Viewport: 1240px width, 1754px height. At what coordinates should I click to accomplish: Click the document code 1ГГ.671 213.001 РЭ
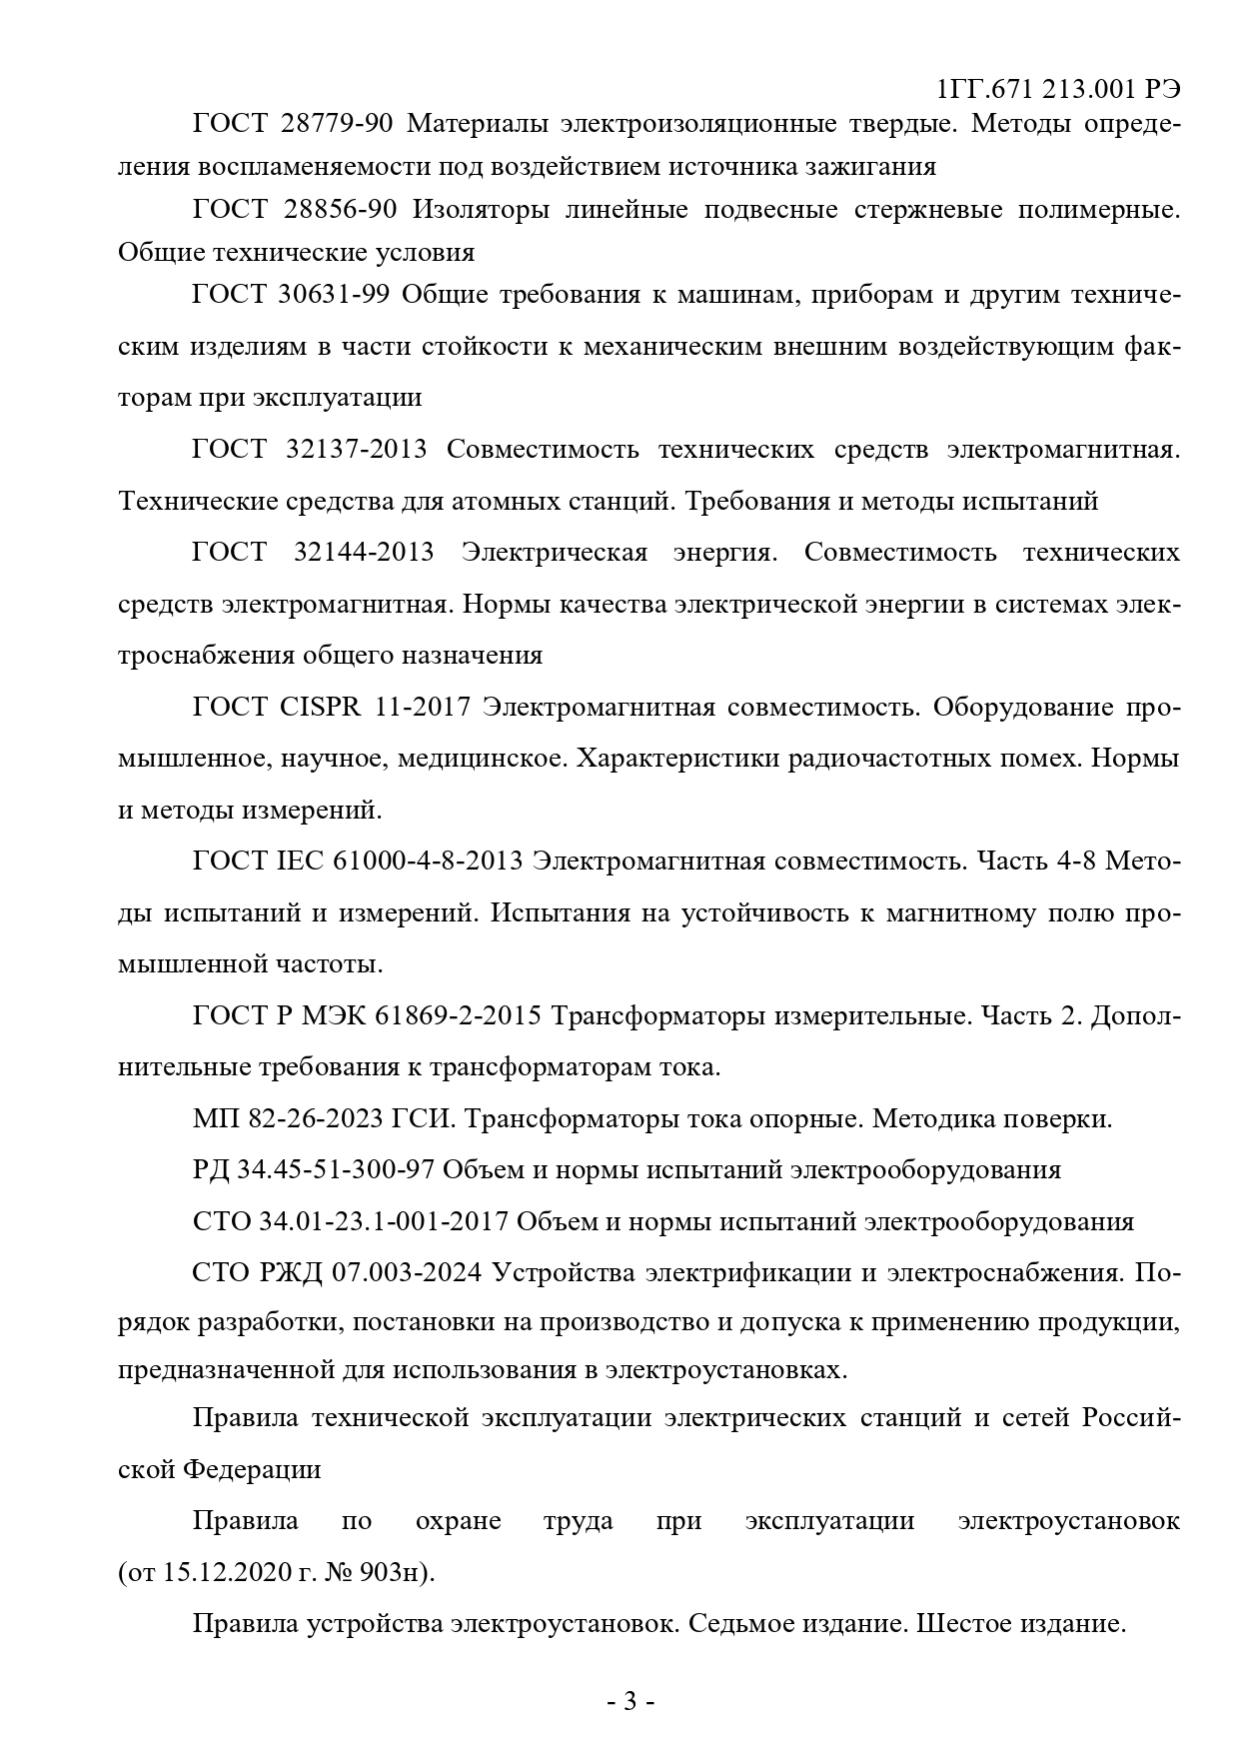coord(1058,89)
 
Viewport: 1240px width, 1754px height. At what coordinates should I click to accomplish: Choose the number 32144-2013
coord(364,552)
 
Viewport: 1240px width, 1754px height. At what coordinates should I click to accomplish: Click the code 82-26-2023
coord(319,1118)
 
